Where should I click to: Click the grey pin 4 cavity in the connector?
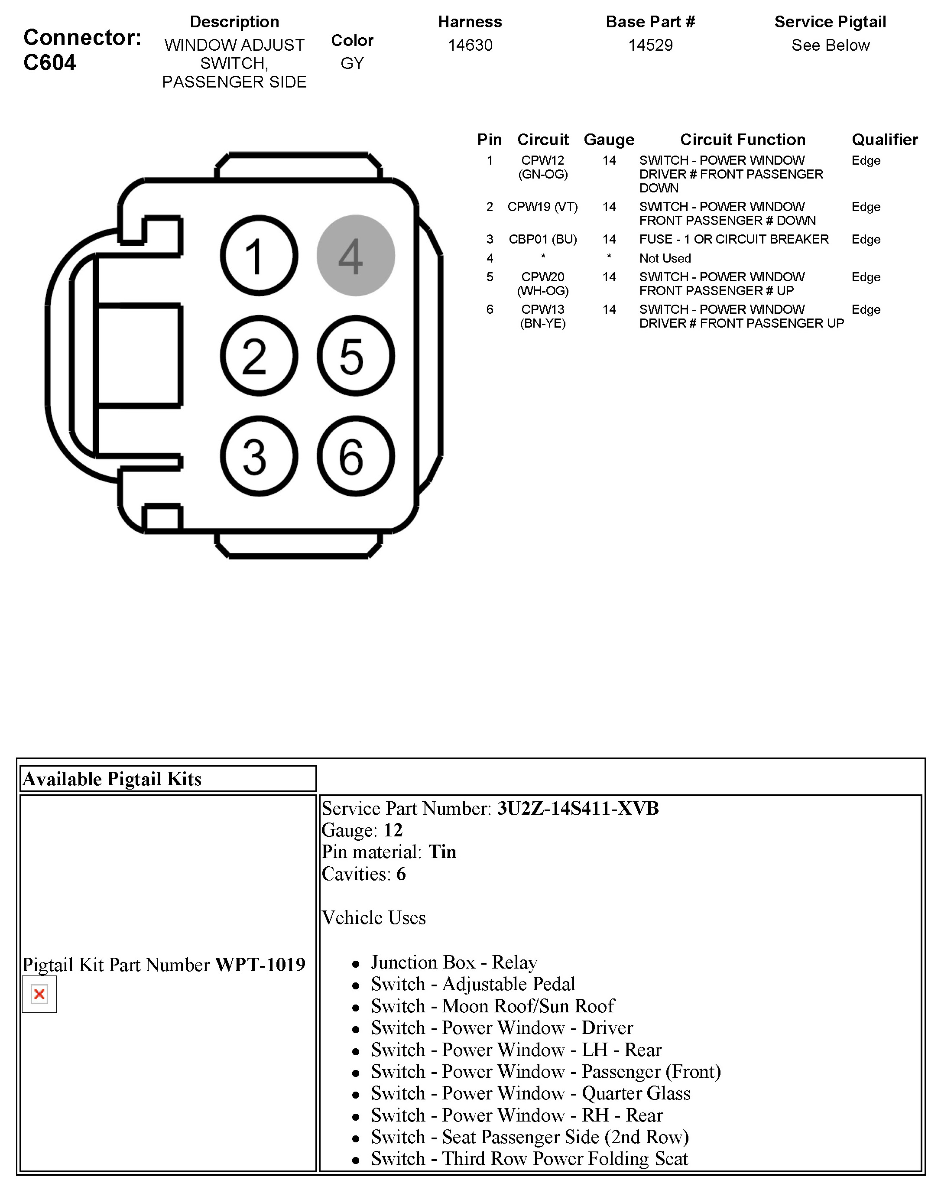pyautogui.click(x=355, y=256)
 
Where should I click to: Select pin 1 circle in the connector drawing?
pyautogui.click(x=259, y=256)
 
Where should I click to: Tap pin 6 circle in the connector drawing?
pyautogui.click(x=355, y=456)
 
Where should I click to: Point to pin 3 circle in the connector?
pyautogui.click(x=259, y=456)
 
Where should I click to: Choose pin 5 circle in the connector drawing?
pyautogui.click(x=355, y=356)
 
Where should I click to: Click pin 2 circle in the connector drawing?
pyautogui.click(x=259, y=356)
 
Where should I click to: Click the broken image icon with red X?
pyautogui.click(x=39, y=994)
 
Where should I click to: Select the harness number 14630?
pyautogui.click(x=470, y=45)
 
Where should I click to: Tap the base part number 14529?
pyautogui.click(x=650, y=45)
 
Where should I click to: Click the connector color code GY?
pyautogui.click(x=352, y=63)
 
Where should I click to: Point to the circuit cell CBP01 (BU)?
pyautogui.click(x=543, y=239)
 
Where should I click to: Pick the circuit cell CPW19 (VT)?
pyautogui.click(x=543, y=207)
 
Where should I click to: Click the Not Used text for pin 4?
pyautogui.click(x=665, y=258)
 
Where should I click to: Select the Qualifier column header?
pyautogui.click(x=884, y=140)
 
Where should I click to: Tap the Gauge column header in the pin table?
pyautogui.click(x=609, y=140)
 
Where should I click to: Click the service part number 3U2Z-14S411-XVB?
pyautogui.click(x=578, y=808)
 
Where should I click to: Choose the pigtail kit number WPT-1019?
pyautogui.click(x=260, y=964)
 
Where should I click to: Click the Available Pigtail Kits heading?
pyautogui.click(x=112, y=778)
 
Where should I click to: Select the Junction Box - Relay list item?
pyautogui.click(x=454, y=962)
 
